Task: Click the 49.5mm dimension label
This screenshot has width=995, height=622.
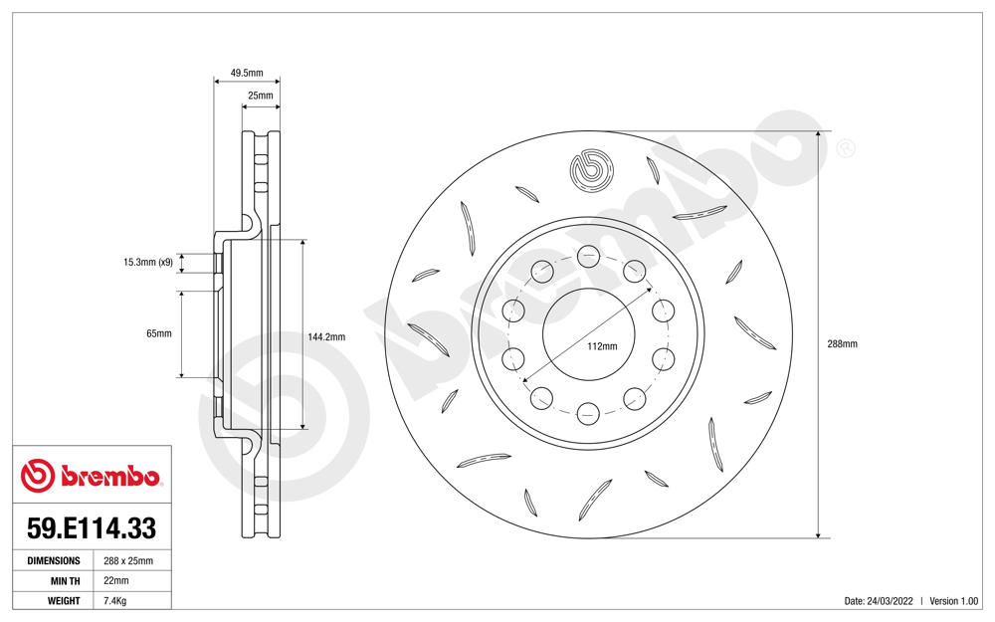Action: tap(247, 73)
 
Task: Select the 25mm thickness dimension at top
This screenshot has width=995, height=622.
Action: tap(260, 96)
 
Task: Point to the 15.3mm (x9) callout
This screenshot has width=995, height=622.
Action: tap(147, 263)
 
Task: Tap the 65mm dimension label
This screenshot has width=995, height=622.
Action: tap(158, 333)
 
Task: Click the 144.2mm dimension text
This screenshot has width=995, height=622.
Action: tap(326, 336)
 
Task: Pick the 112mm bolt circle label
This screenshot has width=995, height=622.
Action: tap(602, 346)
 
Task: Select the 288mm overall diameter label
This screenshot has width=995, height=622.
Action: tap(842, 343)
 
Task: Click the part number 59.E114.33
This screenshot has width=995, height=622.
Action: tap(91, 526)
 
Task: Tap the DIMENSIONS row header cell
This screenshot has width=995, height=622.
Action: tap(53, 560)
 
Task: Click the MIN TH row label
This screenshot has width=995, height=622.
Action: tap(61, 580)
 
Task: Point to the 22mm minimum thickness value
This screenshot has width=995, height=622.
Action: tap(116, 580)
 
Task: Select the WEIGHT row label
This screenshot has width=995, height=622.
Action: tap(63, 600)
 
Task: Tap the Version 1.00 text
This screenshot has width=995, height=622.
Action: tap(954, 601)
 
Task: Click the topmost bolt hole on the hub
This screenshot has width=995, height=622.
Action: tap(588, 255)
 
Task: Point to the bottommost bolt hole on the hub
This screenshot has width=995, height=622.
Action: tap(588, 411)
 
